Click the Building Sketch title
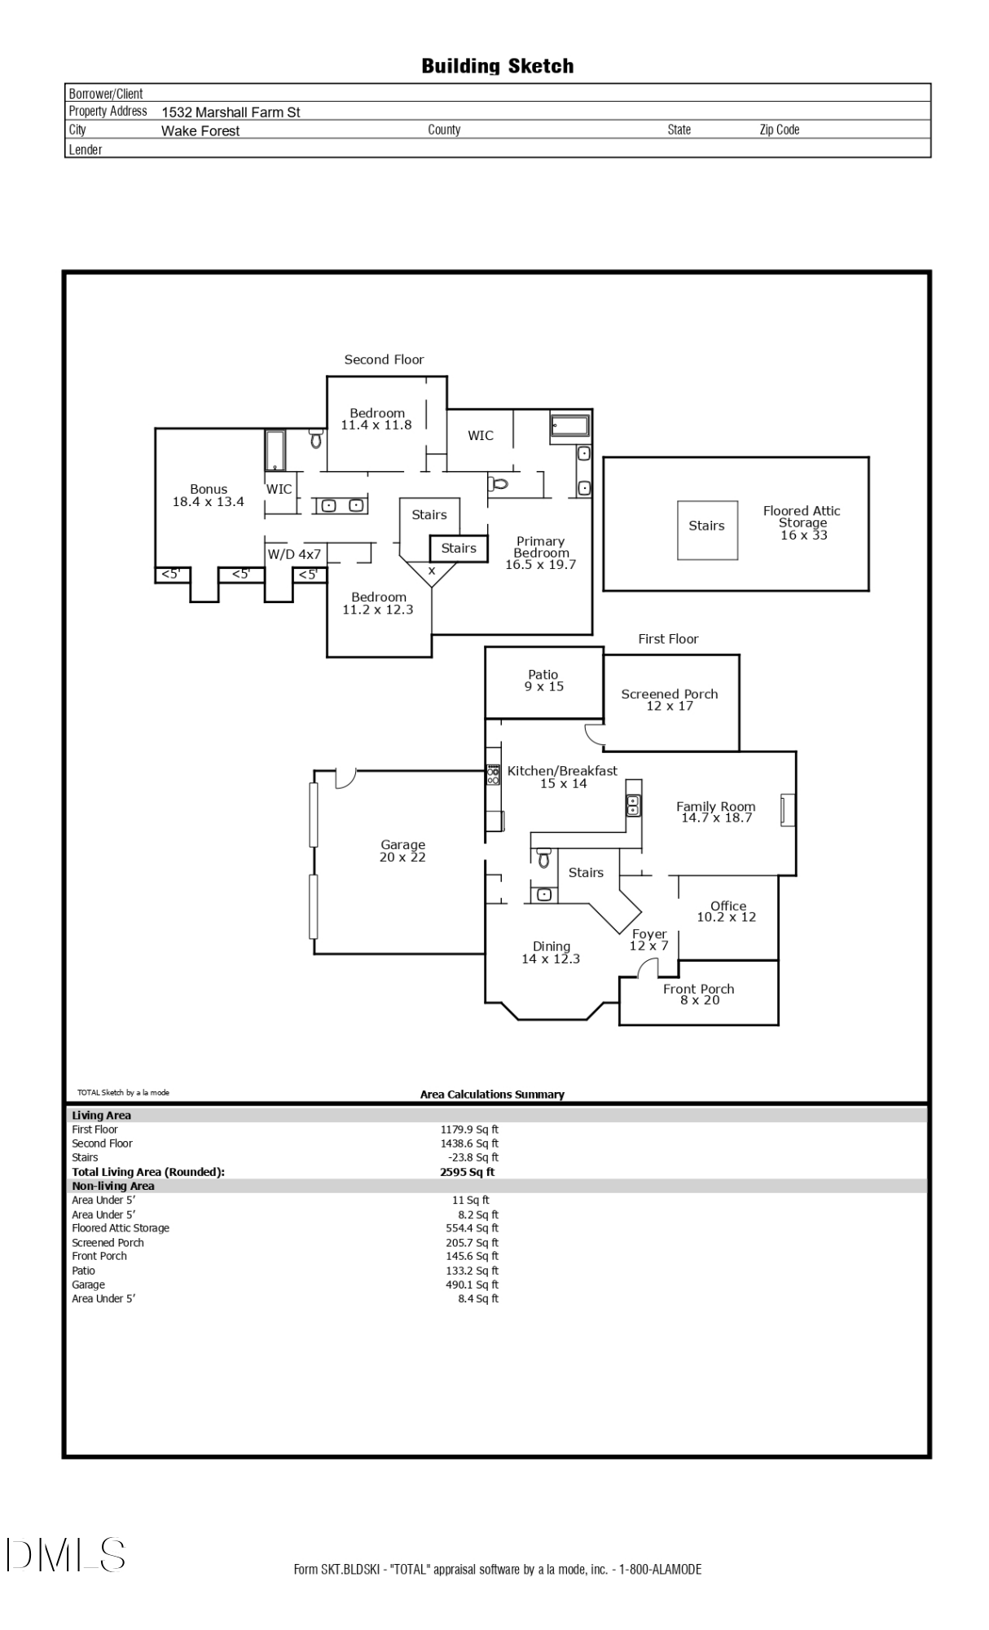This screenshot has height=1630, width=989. coord(497,66)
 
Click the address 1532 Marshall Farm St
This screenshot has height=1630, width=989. coord(231,112)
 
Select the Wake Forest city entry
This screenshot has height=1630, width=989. coord(200,131)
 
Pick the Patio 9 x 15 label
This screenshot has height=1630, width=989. coord(543,681)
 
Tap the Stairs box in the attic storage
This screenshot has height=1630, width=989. coord(707,530)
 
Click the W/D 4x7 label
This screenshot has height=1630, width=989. coord(294,554)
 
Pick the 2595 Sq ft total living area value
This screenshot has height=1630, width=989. coord(467,1172)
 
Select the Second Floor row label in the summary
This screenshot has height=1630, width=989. coord(102,1143)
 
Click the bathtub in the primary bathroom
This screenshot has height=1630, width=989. coord(569,426)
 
